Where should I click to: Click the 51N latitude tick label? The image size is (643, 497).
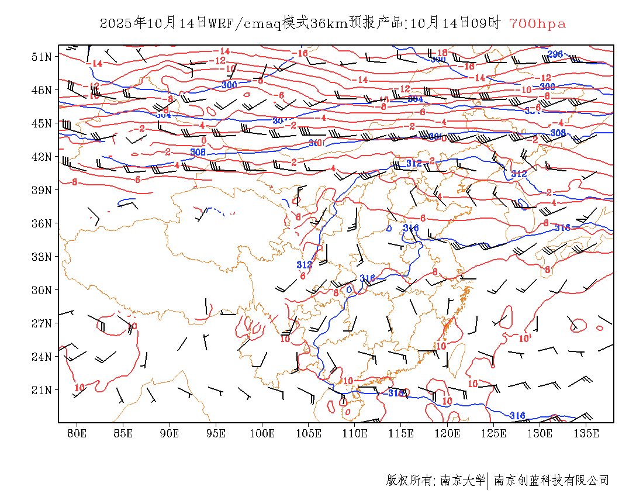(x=42, y=57)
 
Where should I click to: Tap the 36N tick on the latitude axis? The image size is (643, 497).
(x=42, y=223)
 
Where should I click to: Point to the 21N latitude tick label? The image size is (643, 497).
(x=42, y=390)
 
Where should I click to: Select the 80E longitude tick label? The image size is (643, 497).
(x=77, y=433)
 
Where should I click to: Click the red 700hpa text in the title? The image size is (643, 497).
(x=537, y=24)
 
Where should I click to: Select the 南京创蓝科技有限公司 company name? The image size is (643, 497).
(x=552, y=481)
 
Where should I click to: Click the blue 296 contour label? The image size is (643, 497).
(x=555, y=54)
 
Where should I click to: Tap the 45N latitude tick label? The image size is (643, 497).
(x=42, y=123)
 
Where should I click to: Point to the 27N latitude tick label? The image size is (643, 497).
(x=42, y=323)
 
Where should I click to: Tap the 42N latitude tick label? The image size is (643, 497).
(x=42, y=157)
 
